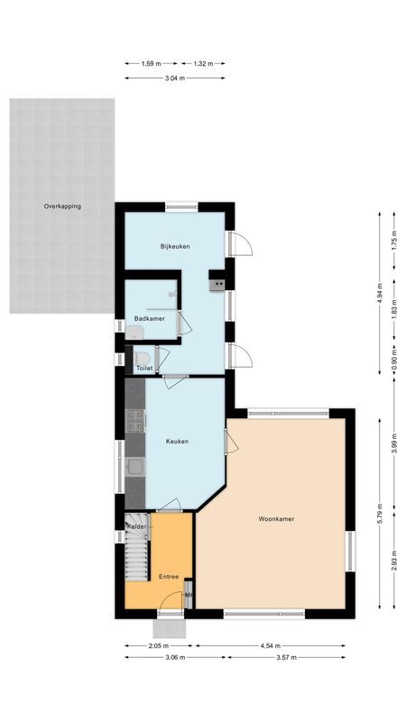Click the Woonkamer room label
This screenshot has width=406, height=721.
(277, 519)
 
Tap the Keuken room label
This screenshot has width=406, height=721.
(177, 442)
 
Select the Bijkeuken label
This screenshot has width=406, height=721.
(175, 246)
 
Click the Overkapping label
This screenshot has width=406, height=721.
(62, 206)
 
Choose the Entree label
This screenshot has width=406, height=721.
(169, 577)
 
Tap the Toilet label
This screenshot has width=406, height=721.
(143, 369)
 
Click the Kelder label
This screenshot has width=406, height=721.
(137, 526)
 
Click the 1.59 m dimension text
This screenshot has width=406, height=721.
(152, 63)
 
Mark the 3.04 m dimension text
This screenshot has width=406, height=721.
(175, 78)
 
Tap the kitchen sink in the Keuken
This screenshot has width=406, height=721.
(135, 466)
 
